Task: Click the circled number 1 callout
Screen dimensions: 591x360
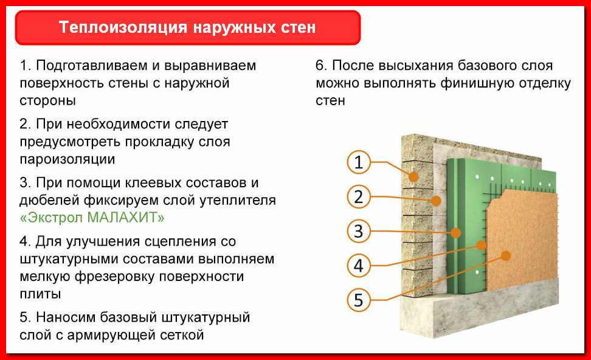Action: [359, 162]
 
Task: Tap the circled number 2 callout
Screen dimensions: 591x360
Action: [359, 197]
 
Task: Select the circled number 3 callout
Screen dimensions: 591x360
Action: [359, 231]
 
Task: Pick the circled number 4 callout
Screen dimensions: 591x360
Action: [359, 266]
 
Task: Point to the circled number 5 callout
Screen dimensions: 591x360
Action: [359, 300]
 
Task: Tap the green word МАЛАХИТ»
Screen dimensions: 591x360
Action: [126, 218]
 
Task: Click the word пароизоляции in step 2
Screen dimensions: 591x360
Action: [67, 159]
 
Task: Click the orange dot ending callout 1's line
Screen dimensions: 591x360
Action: [413, 176]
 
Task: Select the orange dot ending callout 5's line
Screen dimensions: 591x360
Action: [506, 255]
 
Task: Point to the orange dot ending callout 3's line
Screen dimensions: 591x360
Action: [455, 232]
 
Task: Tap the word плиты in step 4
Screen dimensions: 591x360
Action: [40, 294]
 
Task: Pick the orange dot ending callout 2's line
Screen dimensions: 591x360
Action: [436, 200]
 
